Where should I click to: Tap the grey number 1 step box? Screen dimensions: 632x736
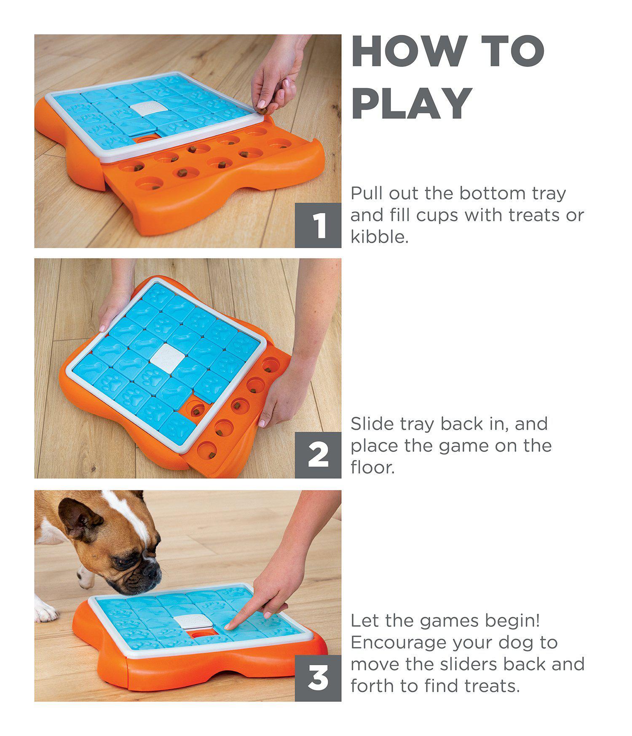pos(318,225)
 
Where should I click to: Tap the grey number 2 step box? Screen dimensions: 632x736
pos(318,455)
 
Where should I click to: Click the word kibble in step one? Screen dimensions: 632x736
pos(379,237)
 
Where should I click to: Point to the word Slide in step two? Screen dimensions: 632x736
pos(372,423)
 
